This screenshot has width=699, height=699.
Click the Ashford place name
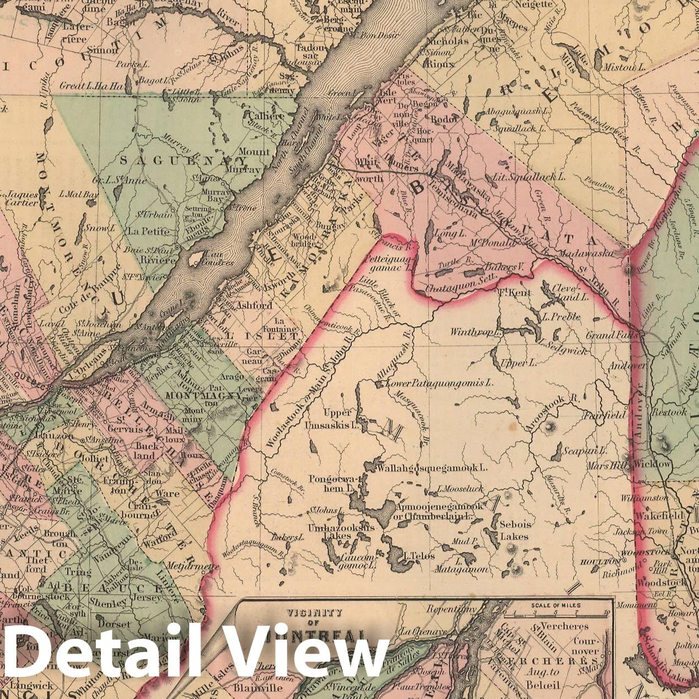[x=254, y=305]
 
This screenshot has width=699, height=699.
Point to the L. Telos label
[x=420, y=556]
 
